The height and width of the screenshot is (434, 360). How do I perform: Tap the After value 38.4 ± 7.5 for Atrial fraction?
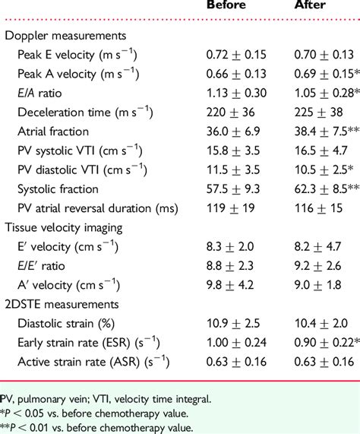(x=325, y=131)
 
